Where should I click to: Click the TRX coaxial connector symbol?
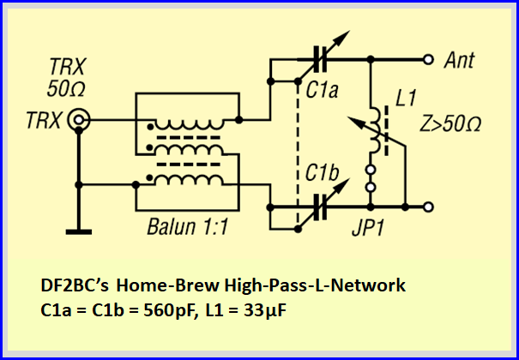pyautogui.click(x=80, y=121)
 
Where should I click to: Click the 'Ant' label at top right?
pyautogui.click(x=461, y=62)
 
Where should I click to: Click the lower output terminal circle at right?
pyautogui.click(x=427, y=206)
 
